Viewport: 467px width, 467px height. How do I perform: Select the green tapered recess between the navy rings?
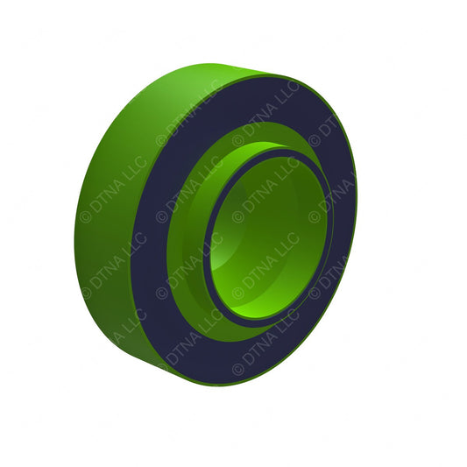pyautogui.click(x=188, y=263)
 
